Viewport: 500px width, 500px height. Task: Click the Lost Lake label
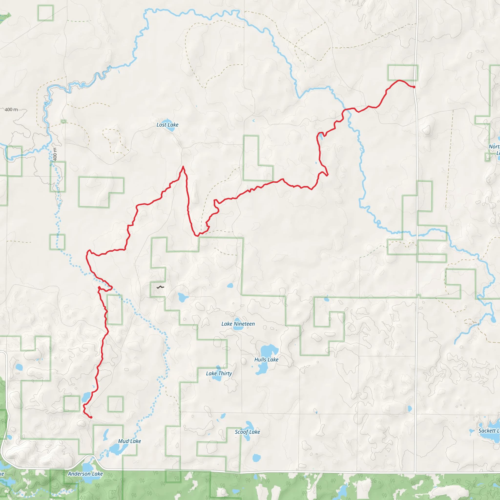(167, 125)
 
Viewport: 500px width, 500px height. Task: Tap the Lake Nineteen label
(238, 324)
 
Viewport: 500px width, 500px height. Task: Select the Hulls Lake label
(266, 359)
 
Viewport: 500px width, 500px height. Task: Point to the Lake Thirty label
(219, 374)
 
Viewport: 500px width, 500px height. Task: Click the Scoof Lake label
(247, 432)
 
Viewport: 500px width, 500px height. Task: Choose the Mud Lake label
(129, 441)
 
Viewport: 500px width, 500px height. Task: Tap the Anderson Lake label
(85, 474)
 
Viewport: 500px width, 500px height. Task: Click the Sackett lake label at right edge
(489, 431)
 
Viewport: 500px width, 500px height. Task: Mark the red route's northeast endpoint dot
(414, 87)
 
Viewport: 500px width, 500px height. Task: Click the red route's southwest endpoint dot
(91, 417)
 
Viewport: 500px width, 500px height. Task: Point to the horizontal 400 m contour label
(11, 110)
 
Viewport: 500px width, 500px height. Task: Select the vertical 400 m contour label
(55, 154)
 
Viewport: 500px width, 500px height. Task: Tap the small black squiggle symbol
(160, 287)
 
